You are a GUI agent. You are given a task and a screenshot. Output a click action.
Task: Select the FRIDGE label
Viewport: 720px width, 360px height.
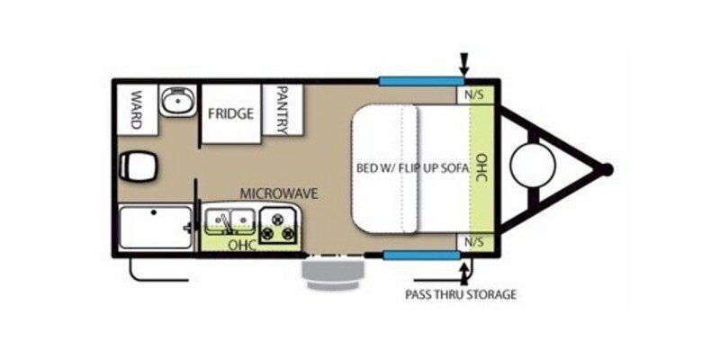[x=230, y=114]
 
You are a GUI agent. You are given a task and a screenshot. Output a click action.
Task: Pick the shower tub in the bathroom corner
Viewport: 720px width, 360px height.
[x=155, y=227]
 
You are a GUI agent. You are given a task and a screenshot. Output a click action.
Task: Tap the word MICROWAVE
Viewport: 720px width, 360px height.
[x=279, y=193]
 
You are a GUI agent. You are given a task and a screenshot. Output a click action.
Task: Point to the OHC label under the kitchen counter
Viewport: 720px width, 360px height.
[x=239, y=243]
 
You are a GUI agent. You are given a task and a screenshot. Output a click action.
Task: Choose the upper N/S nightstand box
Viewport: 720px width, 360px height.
[x=472, y=94]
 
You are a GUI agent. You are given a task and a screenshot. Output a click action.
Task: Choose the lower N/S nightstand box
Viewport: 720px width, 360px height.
[x=472, y=241]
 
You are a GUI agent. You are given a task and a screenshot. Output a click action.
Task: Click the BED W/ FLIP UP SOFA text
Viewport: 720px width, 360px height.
[x=413, y=168]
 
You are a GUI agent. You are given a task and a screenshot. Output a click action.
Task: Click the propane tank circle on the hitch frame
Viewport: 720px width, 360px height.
[x=529, y=167]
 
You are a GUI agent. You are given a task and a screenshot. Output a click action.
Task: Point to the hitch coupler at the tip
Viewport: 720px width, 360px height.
[x=607, y=168]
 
